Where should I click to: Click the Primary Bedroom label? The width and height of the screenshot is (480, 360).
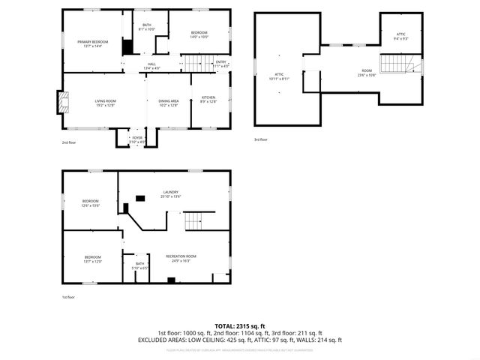pyautogui.click(x=93, y=43)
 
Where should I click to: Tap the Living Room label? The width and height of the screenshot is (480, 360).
pyautogui.click(x=105, y=103)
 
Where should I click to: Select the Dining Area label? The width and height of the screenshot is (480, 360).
pyautogui.click(x=169, y=103)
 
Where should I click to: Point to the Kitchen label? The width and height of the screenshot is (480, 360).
pyautogui.click(x=208, y=100)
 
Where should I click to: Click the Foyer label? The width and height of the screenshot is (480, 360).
pyautogui.click(x=137, y=139)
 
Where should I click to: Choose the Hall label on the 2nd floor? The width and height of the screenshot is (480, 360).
pyautogui.click(x=152, y=67)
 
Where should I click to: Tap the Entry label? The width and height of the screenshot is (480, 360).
pyautogui.click(x=221, y=64)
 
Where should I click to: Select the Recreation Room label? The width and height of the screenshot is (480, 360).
pyautogui.click(x=181, y=258)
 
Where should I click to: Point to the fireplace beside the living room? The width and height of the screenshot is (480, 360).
pyautogui.click(x=61, y=103)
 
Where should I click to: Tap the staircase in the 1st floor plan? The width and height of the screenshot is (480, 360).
pyautogui.click(x=193, y=222)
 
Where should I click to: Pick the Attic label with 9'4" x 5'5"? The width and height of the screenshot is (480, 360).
pyautogui.click(x=401, y=36)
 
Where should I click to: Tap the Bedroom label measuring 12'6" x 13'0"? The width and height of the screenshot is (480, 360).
pyautogui.click(x=91, y=202)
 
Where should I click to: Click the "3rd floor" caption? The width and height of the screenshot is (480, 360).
pyautogui.click(x=259, y=139)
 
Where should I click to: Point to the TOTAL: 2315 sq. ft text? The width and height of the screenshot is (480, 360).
pyautogui.click(x=239, y=325)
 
